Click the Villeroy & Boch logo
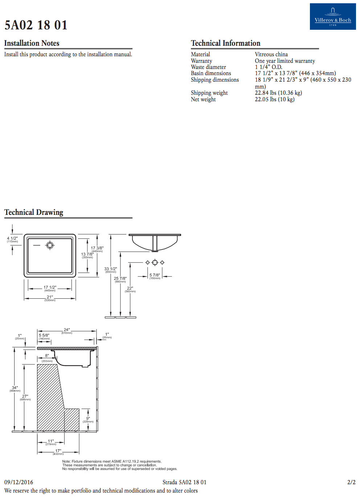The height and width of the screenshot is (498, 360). click(x=332, y=17)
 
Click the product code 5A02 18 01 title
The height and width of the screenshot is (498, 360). click(x=36, y=25)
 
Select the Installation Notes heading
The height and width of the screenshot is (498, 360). click(x=32, y=43)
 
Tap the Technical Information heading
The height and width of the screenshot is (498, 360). click(x=225, y=43)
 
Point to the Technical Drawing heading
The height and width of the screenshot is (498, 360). click(x=34, y=212)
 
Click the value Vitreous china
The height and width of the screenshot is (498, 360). click(x=271, y=54)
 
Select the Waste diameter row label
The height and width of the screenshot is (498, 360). click(x=208, y=67)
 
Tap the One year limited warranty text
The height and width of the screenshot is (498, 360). click(x=285, y=61)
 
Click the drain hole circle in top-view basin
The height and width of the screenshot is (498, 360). click(x=50, y=245)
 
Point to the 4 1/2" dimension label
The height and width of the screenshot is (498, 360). click(x=12, y=240)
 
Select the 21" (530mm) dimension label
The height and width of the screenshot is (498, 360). click(x=50, y=298)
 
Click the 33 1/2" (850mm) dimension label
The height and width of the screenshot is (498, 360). click(x=111, y=270)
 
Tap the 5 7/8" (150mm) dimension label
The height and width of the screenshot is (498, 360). click(x=155, y=276)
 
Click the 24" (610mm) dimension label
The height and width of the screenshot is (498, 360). click(x=67, y=331)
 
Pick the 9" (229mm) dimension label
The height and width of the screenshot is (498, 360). click(x=88, y=420)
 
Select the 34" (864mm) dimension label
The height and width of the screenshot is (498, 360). click(x=15, y=389)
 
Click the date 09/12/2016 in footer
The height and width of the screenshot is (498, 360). click(x=19, y=482)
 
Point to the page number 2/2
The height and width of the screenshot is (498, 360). click(x=351, y=482)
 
